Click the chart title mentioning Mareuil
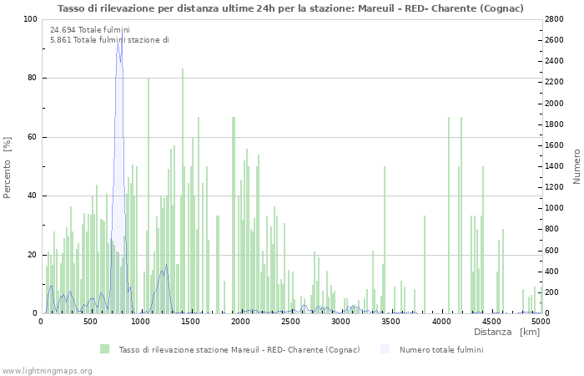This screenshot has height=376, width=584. tap(290, 8)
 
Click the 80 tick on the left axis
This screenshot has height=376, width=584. tap(33, 79)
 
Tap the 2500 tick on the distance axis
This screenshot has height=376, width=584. tap(291, 321)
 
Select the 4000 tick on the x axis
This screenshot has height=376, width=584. tap(441, 321)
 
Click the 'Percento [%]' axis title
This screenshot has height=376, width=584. tap(8, 167)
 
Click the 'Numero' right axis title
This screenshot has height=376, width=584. tap(576, 167)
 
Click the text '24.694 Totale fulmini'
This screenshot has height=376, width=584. tap(89, 30)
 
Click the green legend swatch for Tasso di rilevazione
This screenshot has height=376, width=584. tap(104, 349)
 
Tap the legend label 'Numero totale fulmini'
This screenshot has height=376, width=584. tap(441, 349)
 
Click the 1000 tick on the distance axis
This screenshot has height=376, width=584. tap(141, 321)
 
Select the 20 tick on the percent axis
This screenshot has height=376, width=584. tap(33, 255)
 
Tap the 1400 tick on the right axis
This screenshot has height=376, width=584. tap(556, 166)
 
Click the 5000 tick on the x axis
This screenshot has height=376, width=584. tap(541, 321)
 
